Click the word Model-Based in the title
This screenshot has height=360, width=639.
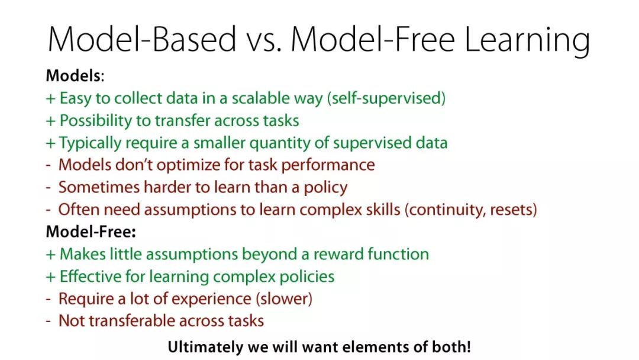click(x=142, y=40)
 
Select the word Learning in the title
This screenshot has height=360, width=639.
click(x=527, y=41)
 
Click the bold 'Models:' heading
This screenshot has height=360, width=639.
click(x=75, y=76)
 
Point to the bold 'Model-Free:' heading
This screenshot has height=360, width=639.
click(x=91, y=232)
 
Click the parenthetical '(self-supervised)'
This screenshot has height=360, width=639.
click(x=386, y=98)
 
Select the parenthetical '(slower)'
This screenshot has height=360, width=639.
click(x=284, y=299)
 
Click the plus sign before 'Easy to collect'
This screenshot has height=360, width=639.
click(x=50, y=99)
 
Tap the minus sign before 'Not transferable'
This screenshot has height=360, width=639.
click(x=49, y=322)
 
